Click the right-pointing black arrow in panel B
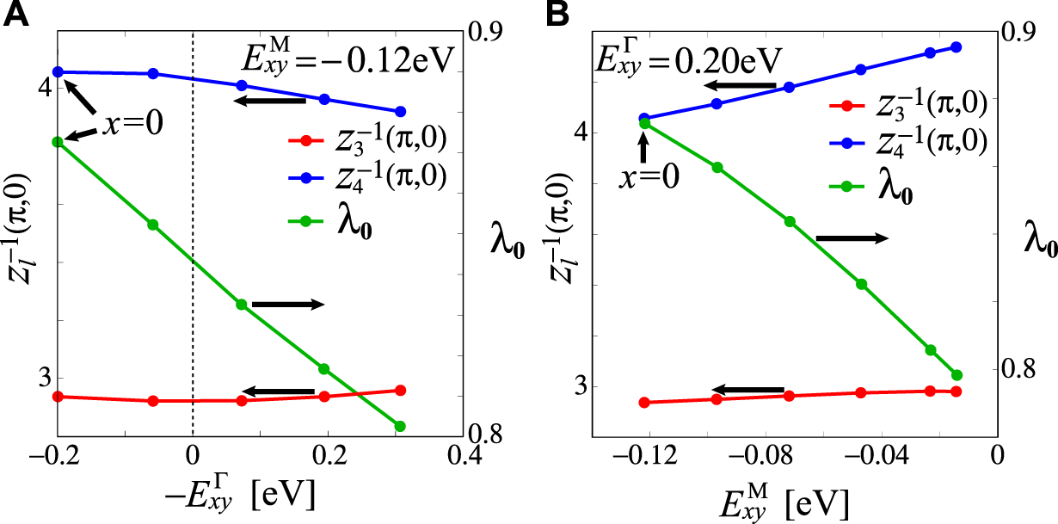852,238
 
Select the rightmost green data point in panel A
399,426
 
